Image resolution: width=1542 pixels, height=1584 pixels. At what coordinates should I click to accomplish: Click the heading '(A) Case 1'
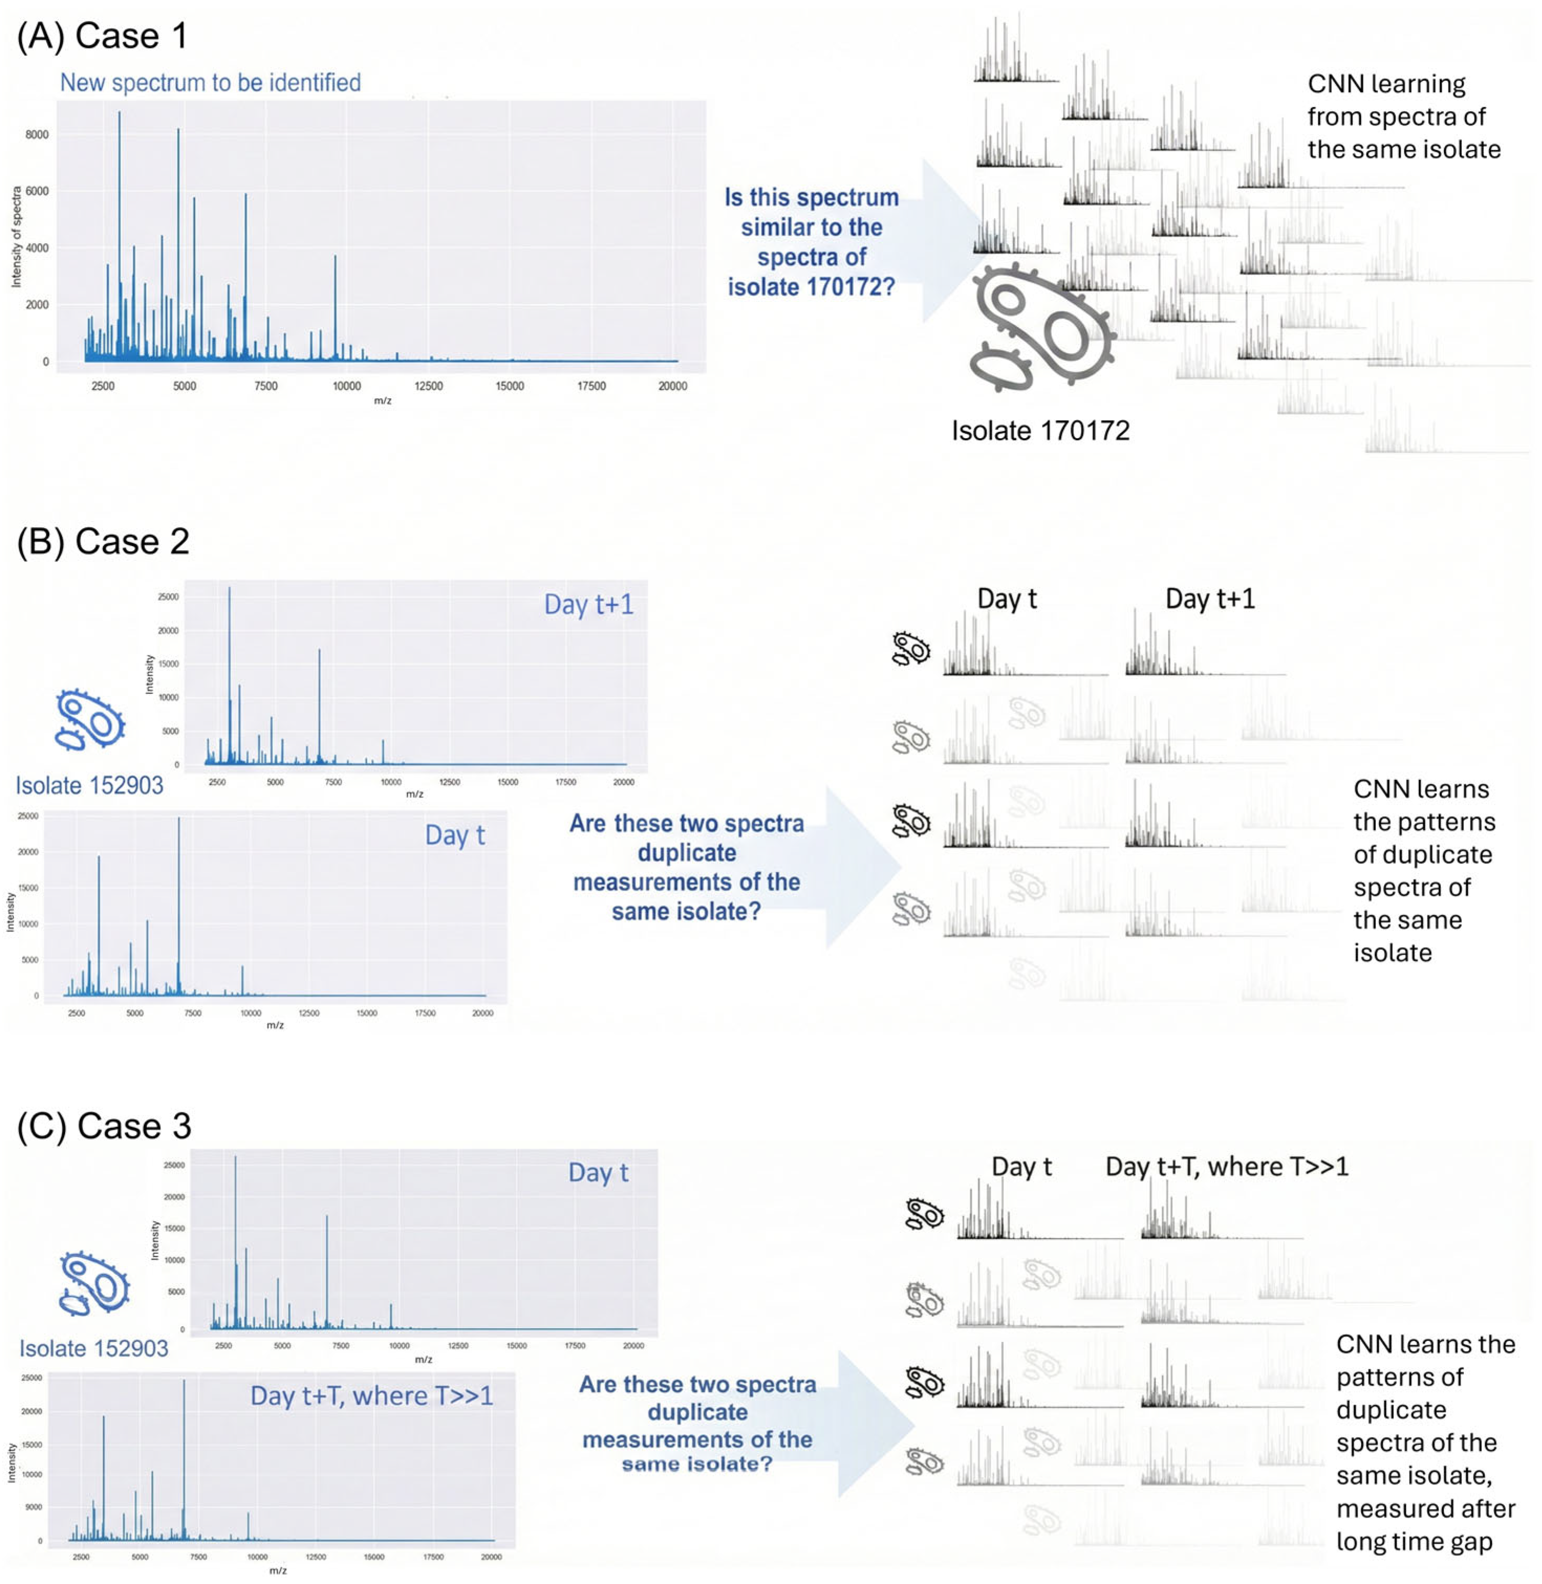102,37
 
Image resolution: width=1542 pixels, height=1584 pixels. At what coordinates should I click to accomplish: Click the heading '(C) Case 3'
104,1126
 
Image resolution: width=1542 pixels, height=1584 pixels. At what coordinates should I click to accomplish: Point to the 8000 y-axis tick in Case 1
37,134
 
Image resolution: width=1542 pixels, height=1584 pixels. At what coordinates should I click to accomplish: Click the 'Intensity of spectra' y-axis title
16,236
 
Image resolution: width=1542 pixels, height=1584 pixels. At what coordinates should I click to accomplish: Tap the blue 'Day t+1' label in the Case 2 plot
588,605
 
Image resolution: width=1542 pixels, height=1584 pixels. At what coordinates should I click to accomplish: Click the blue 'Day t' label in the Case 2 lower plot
454,836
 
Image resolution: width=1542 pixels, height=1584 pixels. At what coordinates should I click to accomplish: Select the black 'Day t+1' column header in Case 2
1209,599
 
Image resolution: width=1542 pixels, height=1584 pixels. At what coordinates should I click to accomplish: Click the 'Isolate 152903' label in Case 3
93,1348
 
